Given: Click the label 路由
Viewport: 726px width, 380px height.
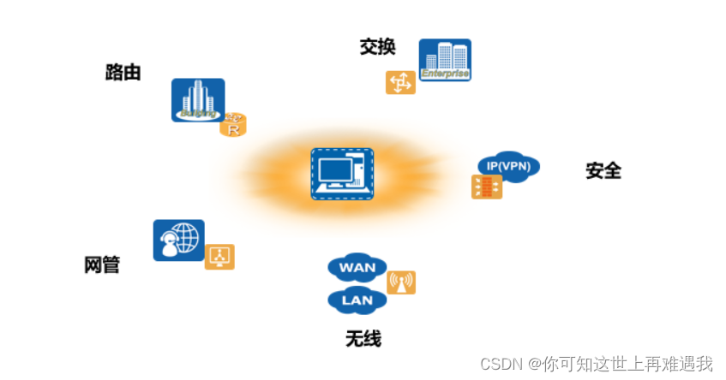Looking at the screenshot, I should (x=123, y=73).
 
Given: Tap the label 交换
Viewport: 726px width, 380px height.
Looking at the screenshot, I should (x=377, y=46).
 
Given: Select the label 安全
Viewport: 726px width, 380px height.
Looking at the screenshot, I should (x=603, y=170).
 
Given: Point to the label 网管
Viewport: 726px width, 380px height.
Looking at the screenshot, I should (x=101, y=264).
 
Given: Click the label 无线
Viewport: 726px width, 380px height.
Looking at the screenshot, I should (x=363, y=339).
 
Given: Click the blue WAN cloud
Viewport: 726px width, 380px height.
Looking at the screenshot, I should (x=357, y=267).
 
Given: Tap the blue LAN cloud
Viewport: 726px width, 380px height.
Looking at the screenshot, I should (x=357, y=300).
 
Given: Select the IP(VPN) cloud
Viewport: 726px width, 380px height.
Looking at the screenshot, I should (x=508, y=166).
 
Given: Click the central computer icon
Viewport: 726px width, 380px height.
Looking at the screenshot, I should (x=343, y=174).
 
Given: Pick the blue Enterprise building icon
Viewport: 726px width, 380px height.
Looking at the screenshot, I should (x=445, y=60).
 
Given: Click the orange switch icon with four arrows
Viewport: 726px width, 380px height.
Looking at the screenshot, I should (x=400, y=82).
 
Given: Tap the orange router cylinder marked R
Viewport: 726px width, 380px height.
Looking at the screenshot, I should (x=232, y=125).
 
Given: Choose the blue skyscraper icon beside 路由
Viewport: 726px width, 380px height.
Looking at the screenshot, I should (x=197, y=99).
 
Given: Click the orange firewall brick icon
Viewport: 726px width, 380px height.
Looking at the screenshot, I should (x=487, y=187).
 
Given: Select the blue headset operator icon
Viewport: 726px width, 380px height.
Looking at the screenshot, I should (x=178, y=240).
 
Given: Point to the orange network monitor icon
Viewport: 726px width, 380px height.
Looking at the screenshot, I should (x=219, y=257).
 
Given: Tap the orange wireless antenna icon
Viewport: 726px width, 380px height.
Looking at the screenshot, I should (x=400, y=282).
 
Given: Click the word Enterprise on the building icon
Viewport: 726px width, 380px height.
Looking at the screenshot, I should (x=446, y=74).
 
